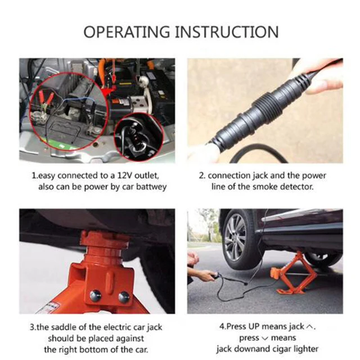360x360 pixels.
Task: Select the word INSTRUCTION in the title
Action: point(227,31)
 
